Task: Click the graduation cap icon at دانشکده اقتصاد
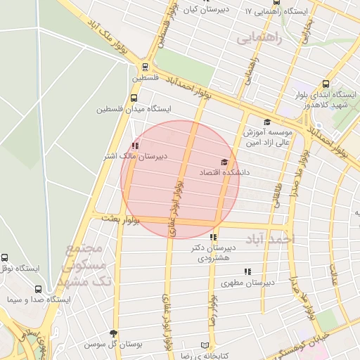tap(224, 162)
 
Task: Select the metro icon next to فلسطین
tap(146, 67)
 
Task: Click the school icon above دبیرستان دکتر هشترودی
tap(213, 238)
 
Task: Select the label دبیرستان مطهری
tap(246, 283)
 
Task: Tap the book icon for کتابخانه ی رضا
tap(205, 346)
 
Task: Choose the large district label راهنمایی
tap(259, 38)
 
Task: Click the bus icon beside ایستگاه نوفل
tap(6, 258)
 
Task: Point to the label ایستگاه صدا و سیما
tap(39, 300)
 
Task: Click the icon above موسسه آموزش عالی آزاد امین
tap(266, 122)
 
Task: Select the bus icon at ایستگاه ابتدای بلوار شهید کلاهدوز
tap(324, 83)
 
